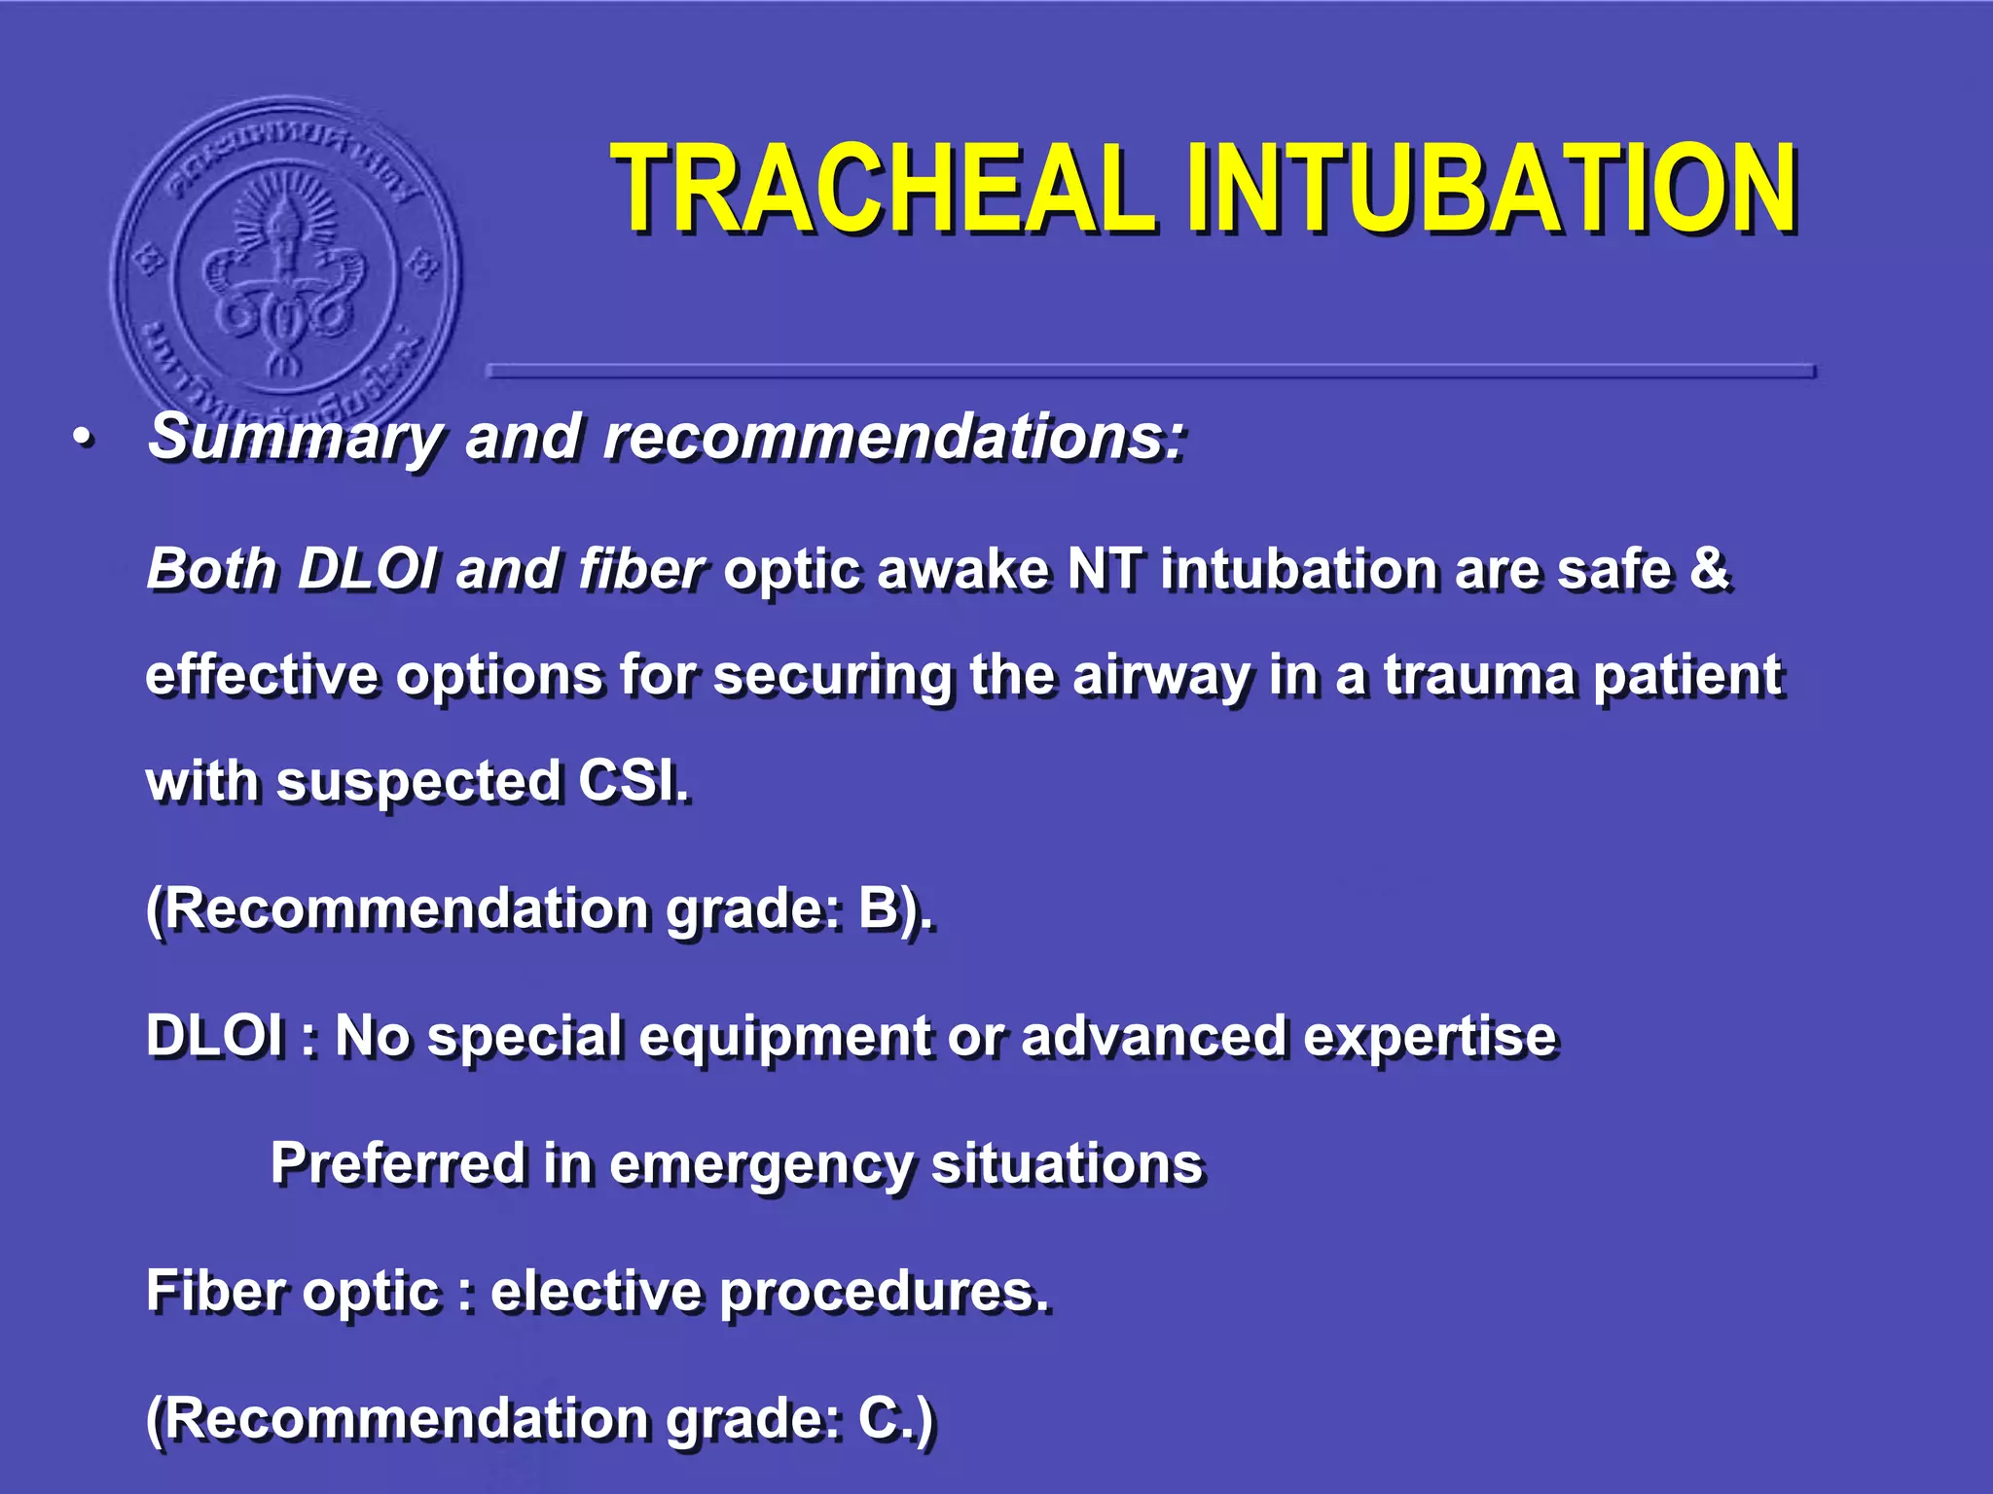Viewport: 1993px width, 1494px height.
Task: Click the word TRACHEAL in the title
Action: click(881, 190)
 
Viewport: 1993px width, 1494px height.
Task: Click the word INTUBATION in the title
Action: click(1489, 190)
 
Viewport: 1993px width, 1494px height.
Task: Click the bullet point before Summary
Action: click(85, 440)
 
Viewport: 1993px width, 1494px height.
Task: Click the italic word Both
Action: click(212, 569)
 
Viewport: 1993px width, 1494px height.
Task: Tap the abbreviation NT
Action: click(1105, 569)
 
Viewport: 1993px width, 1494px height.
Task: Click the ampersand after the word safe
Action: click(1709, 569)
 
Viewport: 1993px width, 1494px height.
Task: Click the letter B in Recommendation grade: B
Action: click(879, 909)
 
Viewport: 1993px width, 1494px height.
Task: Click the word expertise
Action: click(1431, 1036)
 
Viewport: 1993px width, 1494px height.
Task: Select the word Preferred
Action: click(397, 1163)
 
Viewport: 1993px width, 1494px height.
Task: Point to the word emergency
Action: click(761, 1165)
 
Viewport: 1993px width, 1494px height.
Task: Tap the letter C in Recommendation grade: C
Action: click(879, 1418)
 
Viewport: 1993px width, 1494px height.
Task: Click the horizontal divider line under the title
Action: click(1148, 371)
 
